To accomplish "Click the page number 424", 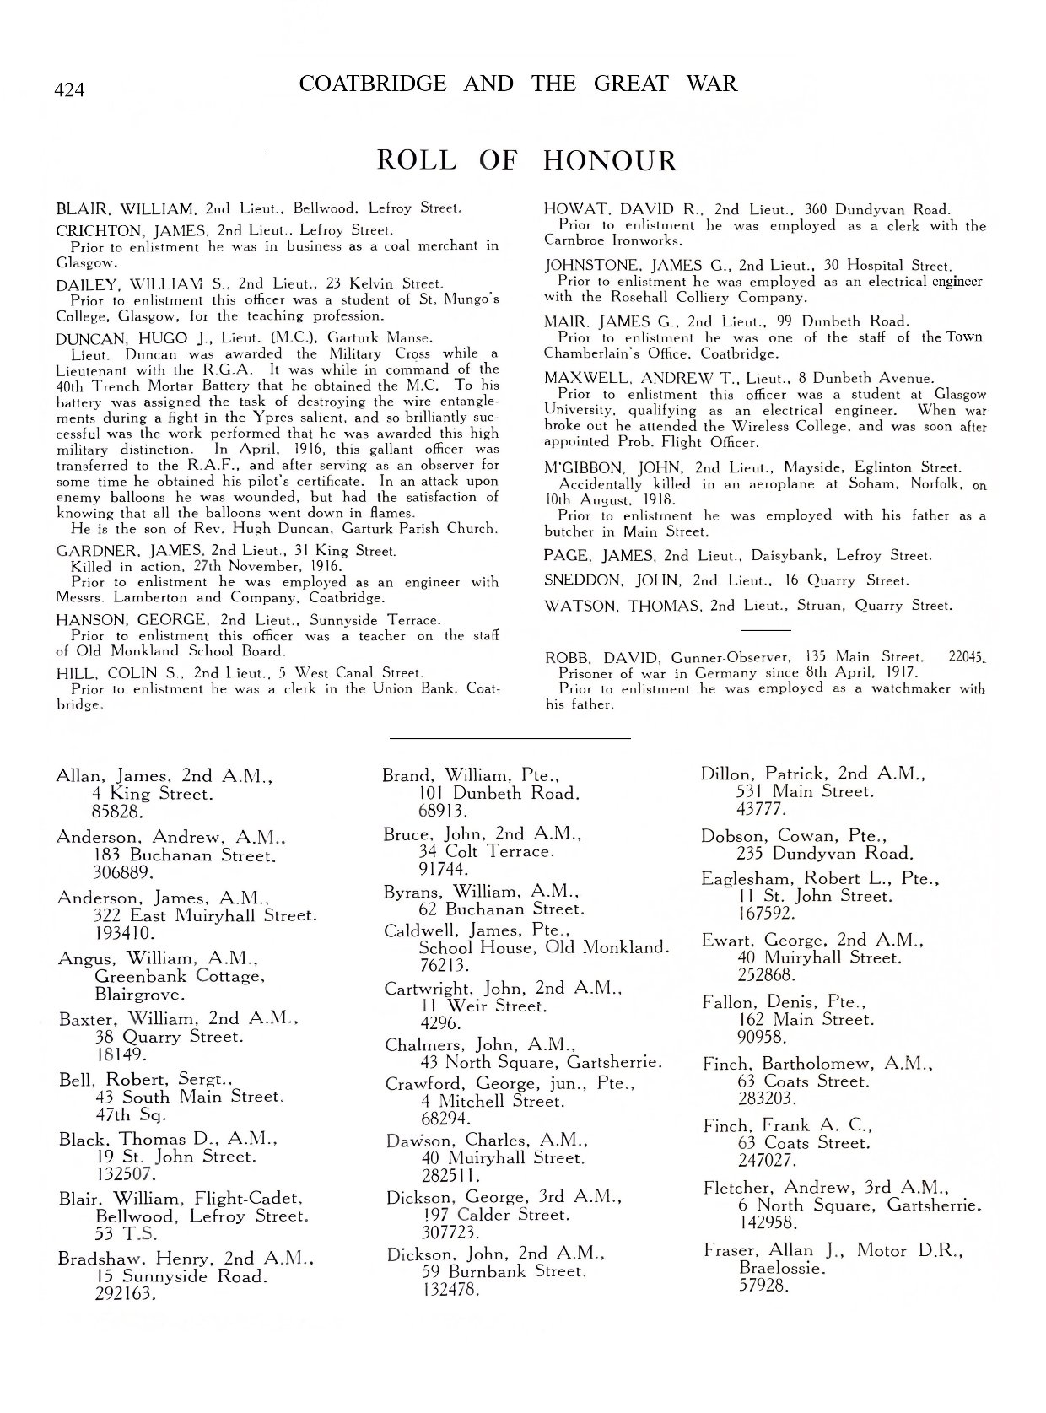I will pos(69,89).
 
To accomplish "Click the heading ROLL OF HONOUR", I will pos(526,160).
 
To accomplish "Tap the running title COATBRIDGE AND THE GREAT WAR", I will pos(518,84).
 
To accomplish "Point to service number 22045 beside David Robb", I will pos(967,657).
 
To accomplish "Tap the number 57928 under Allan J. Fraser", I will pos(763,1286).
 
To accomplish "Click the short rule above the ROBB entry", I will pos(765,630).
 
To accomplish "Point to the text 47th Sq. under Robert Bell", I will pos(119,1114).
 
